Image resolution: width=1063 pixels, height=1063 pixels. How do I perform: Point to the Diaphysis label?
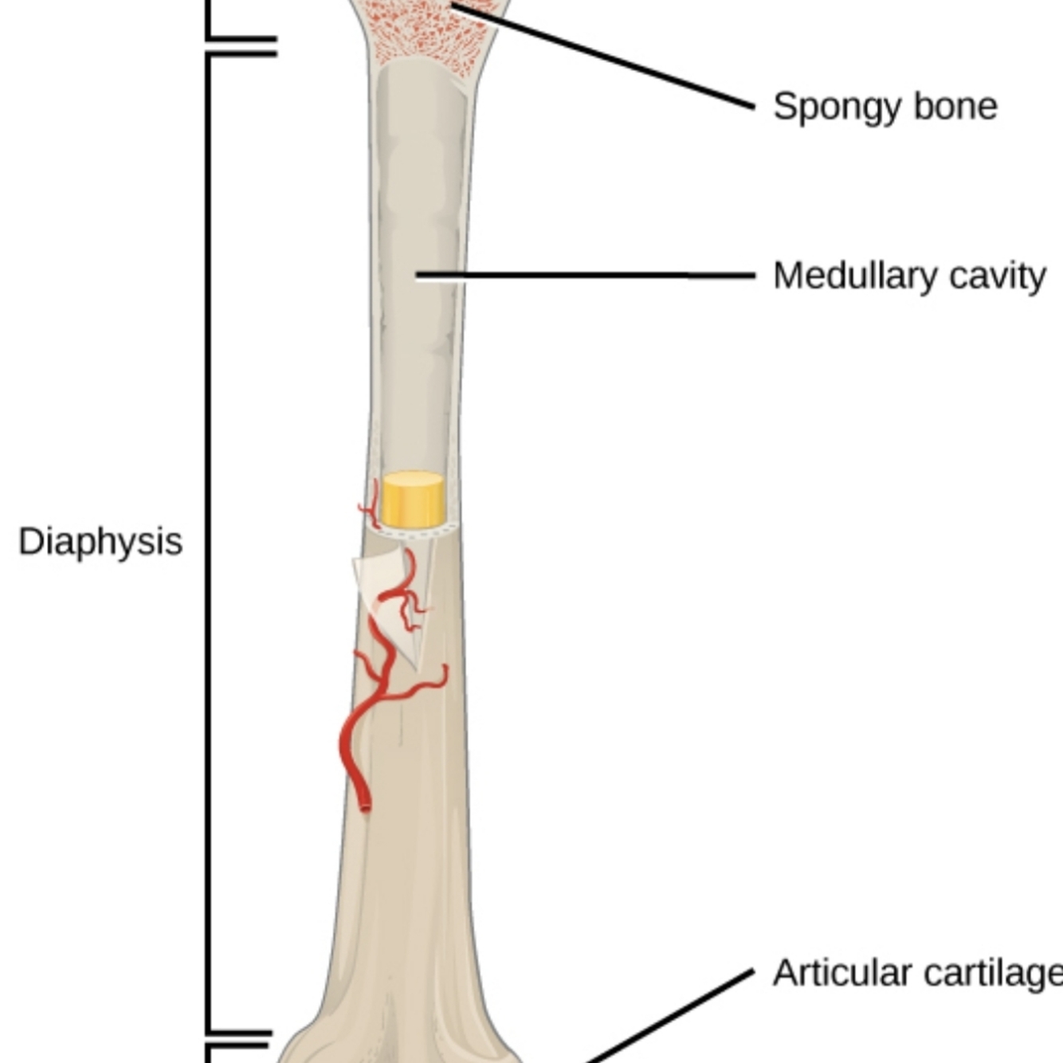tap(100, 542)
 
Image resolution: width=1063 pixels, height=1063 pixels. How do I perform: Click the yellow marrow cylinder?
tap(412, 500)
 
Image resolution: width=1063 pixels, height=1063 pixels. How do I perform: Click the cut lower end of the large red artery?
tap(365, 806)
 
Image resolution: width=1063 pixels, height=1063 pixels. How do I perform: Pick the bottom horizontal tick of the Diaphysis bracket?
tap(239, 1033)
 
